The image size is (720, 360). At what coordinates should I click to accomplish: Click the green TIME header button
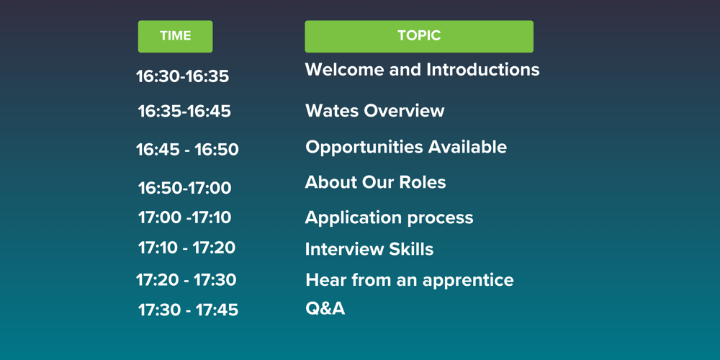coord(175,36)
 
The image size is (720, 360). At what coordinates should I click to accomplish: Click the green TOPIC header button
coord(418,36)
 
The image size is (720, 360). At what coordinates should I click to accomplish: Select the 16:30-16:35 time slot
coord(182,76)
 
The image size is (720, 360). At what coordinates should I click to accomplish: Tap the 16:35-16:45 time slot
coord(184,112)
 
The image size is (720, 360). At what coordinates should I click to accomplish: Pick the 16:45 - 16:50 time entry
coord(187,150)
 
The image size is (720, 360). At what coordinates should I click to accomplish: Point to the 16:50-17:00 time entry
coord(184,189)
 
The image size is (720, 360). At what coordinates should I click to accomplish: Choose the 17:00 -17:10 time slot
coord(184,217)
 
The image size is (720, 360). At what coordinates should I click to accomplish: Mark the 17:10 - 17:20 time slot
coord(186,248)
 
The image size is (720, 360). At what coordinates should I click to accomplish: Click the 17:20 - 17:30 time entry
coord(186,279)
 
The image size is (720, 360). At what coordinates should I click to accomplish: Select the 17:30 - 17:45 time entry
coord(188,310)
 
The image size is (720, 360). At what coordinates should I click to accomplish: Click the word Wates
coord(332,111)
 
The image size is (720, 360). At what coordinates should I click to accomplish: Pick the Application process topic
coord(389,217)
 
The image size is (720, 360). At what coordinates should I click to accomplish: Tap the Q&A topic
coord(325,309)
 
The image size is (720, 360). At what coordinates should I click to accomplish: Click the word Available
coord(468,147)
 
